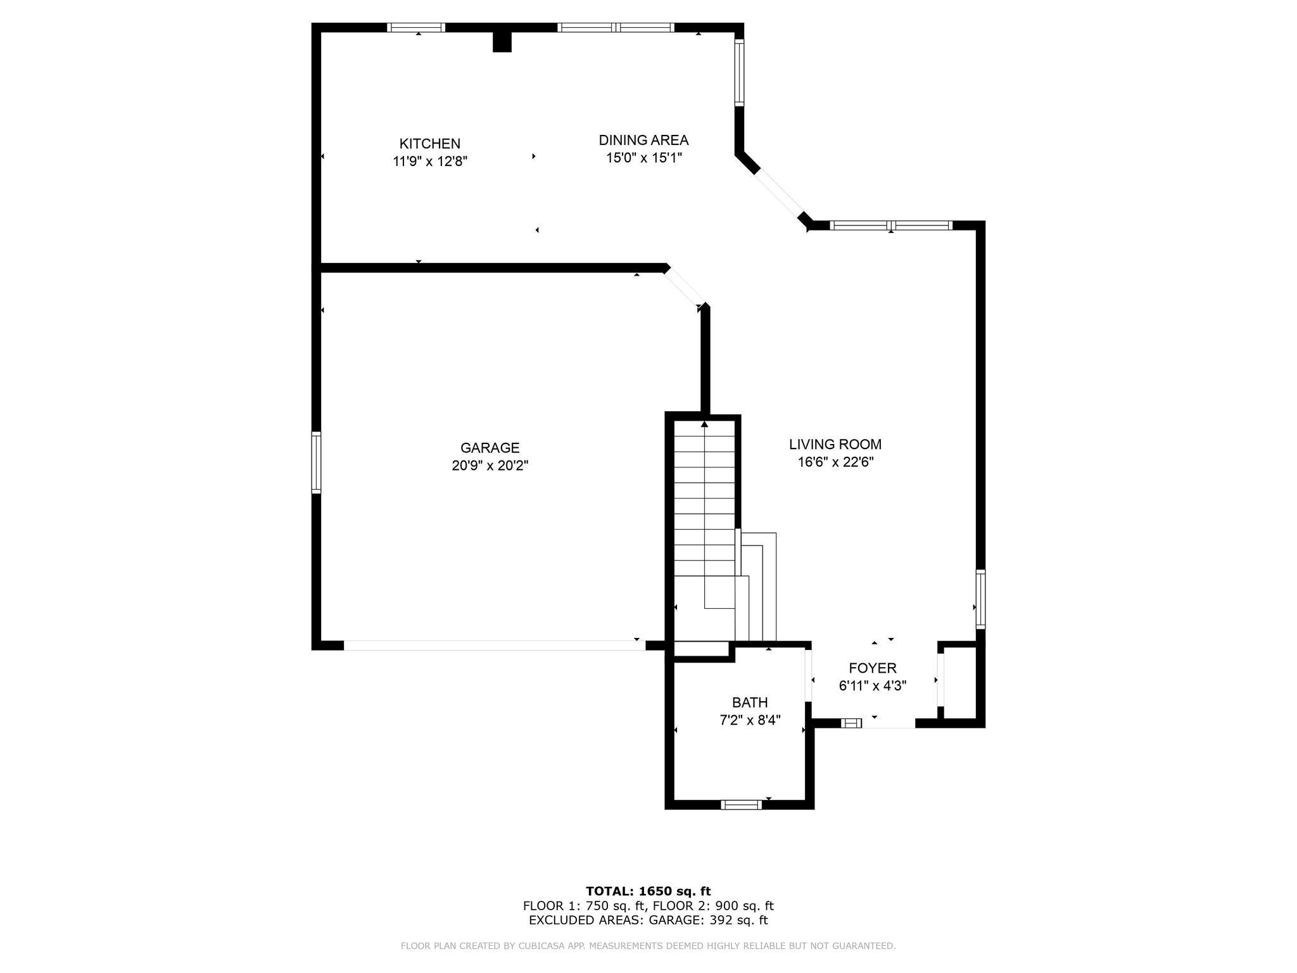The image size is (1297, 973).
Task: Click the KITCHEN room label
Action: (429, 144)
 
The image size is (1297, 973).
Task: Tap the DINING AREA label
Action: (643, 140)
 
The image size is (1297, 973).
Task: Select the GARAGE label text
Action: (490, 448)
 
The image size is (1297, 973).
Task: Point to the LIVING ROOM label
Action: (835, 445)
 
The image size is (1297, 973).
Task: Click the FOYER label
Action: (873, 668)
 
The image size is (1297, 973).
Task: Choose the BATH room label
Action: (750, 703)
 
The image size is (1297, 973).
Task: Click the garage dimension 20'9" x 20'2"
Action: (490, 466)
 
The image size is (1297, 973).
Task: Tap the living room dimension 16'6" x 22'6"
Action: (835, 462)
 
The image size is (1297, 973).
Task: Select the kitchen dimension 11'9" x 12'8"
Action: (430, 162)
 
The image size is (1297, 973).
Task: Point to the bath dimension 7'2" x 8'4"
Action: (750, 720)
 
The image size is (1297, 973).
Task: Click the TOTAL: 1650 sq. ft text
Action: (648, 891)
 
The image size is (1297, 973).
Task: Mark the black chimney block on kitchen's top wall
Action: (502, 42)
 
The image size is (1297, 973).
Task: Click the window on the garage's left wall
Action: (316, 462)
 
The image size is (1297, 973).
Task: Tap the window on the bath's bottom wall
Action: (741, 804)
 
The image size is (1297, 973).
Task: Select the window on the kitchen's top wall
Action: (415, 27)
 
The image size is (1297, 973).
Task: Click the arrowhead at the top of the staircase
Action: (704, 424)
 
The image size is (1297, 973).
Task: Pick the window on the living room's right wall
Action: (980, 599)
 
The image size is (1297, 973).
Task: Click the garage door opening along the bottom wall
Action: (495, 645)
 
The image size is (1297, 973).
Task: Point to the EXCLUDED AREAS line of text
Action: (648, 920)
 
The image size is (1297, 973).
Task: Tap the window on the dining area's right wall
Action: (739, 72)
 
